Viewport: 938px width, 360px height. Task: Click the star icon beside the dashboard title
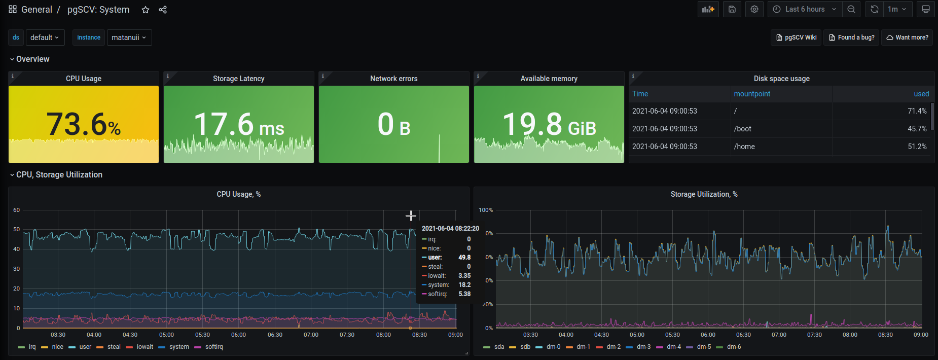[x=146, y=10]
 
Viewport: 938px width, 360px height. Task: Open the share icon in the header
[x=163, y=10]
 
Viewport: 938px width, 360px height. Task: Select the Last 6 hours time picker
[x=805, y=9]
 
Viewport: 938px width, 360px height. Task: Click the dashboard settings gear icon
[x=754, y=9]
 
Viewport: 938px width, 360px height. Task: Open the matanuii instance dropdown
[x=129, y=38]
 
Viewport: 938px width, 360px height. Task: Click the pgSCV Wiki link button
[x=797, y=38]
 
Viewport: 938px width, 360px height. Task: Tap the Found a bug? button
[x=851, y=38]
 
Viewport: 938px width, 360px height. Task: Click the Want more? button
[x=907, y=38]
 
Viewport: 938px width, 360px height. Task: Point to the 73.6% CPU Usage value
[x=84, y=124]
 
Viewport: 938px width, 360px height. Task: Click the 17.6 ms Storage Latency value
[x=239, y=124]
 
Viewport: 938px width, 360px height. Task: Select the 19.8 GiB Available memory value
[x=549, y=124]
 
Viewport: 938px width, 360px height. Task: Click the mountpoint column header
[x=752, y=94]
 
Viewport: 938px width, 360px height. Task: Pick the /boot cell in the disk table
[x=743, y=129]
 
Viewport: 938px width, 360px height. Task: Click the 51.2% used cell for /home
[x=917, y=147]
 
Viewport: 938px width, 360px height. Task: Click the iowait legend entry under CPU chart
[x=145, y=347]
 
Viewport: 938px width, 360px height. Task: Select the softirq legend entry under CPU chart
[x=213, y=347]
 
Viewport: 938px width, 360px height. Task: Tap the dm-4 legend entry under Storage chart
[x=673, y=347]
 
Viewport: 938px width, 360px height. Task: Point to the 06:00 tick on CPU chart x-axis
[x=238, y=335]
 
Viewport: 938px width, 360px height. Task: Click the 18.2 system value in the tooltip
[x=464, y=285]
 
